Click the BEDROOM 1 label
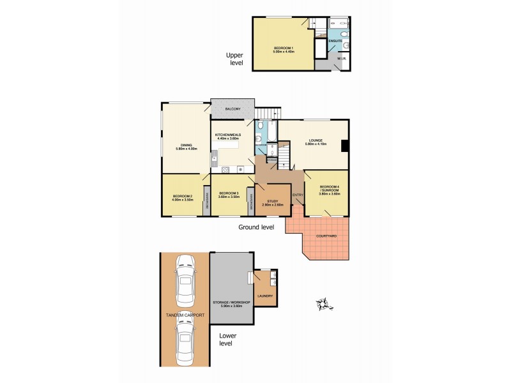pyautogui.click(x=284, y=49)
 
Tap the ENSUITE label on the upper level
pyautogui.click(x=335, y=41)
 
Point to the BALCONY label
pyautogui.click(x=233, y=110)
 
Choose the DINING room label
pyautogui.click(x=186, y=145)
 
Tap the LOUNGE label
pyautogui.click(x=316, y=140)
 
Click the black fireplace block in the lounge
pyautogui.click(x=345, y=146)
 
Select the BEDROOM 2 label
pyautogui.click(x=182, y=196)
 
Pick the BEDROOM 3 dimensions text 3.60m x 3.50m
pyautogui.click(x=229, y=197)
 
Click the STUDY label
pyautogui.click(x=273, y=200)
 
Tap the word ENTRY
pyautogui.click(x=297, y=195)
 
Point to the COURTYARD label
pyautogui.click(x=327, y=237)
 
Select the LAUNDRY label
pyautogui.click(x=265, y=296)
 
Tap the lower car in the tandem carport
pyautogui.click(x=185, y=343)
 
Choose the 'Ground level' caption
pyautogui.click(x=256, y=227)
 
